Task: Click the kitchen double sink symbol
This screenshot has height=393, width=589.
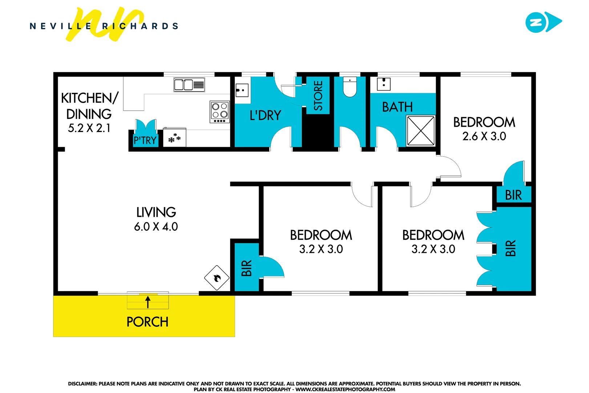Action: pyautogui.click(x=189, y=85)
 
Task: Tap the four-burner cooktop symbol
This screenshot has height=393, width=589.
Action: pyautogui.click(x=220, y=111)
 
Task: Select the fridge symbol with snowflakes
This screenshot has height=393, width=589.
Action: pyautogui.click(x=174, y=138)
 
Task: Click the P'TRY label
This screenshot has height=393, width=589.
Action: pyautogui.click(x=145, y=140)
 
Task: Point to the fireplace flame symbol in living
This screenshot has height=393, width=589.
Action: pyautogui.click(x=217, y=278)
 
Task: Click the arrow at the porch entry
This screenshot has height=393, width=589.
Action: pyautogui.click(x=148, y=302)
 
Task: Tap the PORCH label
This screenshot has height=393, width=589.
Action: pyautogui.click(x=147, y=322)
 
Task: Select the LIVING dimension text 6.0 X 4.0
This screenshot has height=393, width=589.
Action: pyautogui.click(x=156, y=227)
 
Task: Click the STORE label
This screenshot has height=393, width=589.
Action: pyautogui.click(x=318, y=96)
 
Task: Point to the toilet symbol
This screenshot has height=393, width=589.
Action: pyautogui.click(x=350, y=88)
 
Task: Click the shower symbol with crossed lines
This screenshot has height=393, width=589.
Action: pyautogui.click(x=421, y=131)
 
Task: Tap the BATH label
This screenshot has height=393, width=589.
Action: pyautogui.click(x=397, y=107)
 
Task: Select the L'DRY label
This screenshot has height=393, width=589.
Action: pyautogui.click(x=265, y=116)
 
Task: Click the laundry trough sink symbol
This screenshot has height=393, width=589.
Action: pyautogui.click(x=242, y=90)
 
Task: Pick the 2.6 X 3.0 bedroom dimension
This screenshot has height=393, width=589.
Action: pyautogui.click(x=484, y=136)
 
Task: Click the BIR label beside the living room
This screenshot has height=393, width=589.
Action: pyautogui.click(x=246, y=268)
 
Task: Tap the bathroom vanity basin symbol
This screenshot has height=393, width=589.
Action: pyautogui.click(x=384, y=84)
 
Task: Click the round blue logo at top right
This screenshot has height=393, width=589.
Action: pyautogui.click(x=536, y=23)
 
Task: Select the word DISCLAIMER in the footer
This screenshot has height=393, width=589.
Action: pyautogui.click(x=82, y=384)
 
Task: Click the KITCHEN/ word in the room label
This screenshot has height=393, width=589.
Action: pyautogui.click(x=90, y=98)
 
